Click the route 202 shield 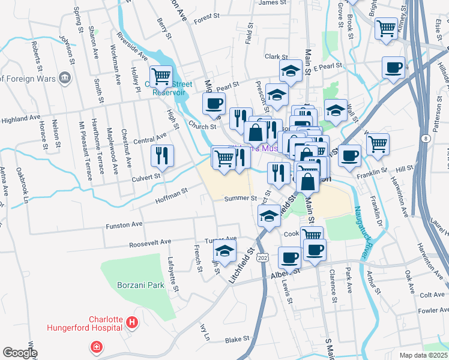pos(263,257)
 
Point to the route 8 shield pos(426,139)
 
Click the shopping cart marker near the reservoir pos(161,76)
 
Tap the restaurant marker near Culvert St pos(162,156)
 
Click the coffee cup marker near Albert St pos(289,257)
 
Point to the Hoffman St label pos(172,194)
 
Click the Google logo pos(20,353)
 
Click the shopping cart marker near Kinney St pos(387,28)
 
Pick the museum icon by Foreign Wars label pos(65,78)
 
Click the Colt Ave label pos(432,295)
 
